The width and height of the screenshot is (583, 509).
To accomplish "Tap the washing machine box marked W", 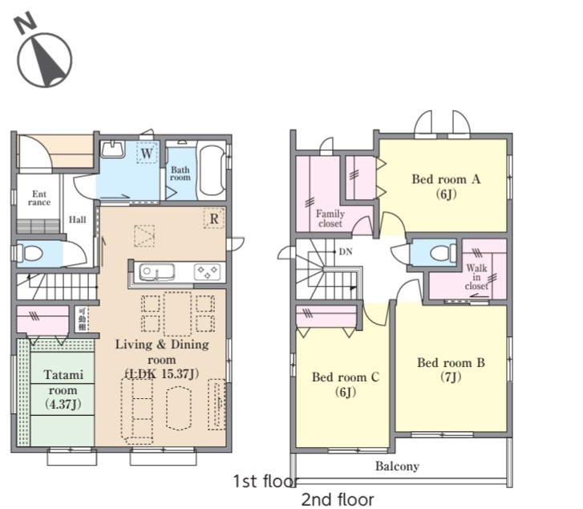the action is click(147, 153).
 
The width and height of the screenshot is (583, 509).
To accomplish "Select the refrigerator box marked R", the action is click(214, 218).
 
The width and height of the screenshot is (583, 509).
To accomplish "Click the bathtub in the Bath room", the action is click(211, 170).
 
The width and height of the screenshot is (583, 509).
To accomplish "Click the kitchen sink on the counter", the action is click(156, 272).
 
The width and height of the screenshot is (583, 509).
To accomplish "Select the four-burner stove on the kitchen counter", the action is click(207, 272).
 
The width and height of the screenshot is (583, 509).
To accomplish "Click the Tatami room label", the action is click(63, 389).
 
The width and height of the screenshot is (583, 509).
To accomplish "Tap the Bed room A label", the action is click(446, 185).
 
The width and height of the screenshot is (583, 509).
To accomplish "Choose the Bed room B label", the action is click(451, 369).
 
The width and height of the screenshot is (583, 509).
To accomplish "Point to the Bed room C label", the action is click(346, 384).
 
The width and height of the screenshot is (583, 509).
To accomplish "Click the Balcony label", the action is click(397, 466).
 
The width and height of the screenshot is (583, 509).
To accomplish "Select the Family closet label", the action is click(330, 218).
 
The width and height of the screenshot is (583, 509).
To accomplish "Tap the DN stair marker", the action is click(346, 252).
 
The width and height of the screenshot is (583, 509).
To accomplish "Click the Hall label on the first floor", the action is click(77, 219).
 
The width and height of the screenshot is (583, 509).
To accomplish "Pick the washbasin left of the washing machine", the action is click(112, 149).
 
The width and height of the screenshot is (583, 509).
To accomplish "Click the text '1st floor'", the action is click(265, 481).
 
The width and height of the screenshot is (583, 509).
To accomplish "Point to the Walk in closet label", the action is click(476, 277).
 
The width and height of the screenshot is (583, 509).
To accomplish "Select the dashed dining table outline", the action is click(177, 314).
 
